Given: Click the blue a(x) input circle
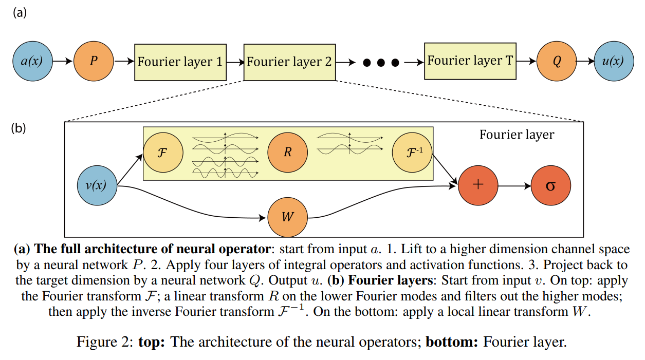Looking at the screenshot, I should [32, 62].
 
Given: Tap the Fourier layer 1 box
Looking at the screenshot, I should [180, 62].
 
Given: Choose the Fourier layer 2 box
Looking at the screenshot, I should [289, 62].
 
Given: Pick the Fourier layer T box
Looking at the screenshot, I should [470, 61].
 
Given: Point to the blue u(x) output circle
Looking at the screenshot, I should [613, 62].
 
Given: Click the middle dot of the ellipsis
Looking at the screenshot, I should [381, 63].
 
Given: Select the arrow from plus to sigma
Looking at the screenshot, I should [514, 185].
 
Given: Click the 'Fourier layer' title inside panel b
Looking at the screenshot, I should [517, 135].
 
